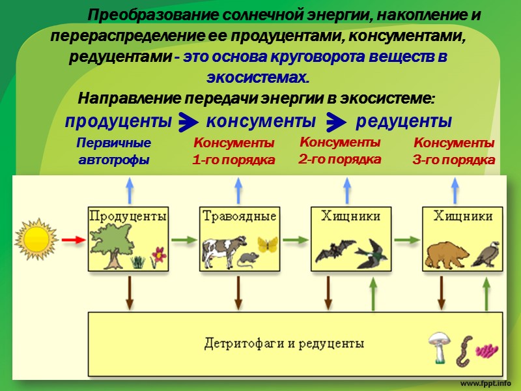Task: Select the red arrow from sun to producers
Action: pyautogui.click(x=73, y=240)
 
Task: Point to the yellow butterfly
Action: pyautogui.click(x=267, y=244)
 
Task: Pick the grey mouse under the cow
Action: pyautogui.click(x=246, y=260)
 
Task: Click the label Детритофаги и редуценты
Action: pyautogui.click(x=283, y=343)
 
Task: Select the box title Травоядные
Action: pyautogui.click(x=239, y=216)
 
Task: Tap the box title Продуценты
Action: pyautogui.click(x=128, y=216)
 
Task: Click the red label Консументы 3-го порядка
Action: pyautogui.click(x=454, y=151)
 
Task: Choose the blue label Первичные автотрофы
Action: pyautogui.click(x=114, y=151)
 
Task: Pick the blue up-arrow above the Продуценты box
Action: pyautogui.click(x=129, y=191)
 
